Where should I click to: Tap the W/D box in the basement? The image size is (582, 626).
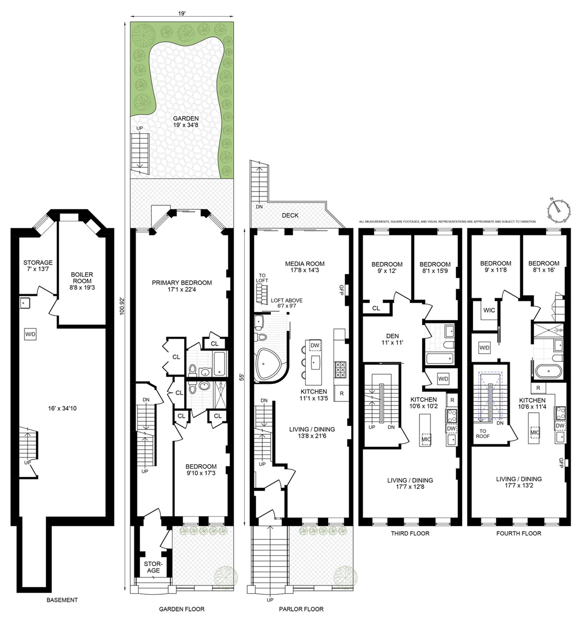(x=30, y=334)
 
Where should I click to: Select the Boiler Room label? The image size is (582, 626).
(x=82, y=281)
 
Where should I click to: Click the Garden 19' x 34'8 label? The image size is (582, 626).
(x=186, y=121)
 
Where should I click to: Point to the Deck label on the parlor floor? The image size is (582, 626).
(x=290, y=216)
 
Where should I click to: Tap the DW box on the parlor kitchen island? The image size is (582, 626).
(x=315, y=345)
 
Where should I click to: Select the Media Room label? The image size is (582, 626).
(x=305, y=267)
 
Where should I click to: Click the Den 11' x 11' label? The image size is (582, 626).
(x=392, y=339)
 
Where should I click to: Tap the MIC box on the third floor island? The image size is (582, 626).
(x=426, y=439)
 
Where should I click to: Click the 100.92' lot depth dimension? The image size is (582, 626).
(x=122, y=306)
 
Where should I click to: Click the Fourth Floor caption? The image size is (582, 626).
(x=518, y=533)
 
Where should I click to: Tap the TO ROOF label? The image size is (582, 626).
(x=483, y=433)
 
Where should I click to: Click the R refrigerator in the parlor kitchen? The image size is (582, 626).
(x=342, y=393)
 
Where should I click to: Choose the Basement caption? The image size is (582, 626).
(x=62, y=600)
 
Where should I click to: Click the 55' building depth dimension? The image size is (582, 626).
(x=242, y=377)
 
